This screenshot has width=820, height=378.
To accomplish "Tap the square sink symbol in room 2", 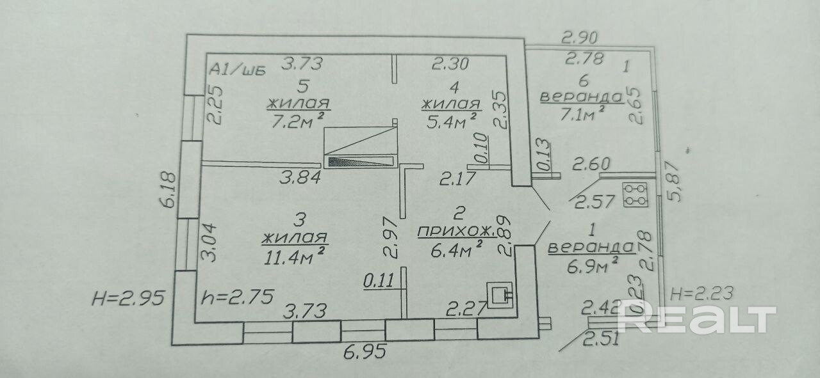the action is (500, 295).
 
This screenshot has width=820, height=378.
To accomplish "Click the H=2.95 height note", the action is (130, 297).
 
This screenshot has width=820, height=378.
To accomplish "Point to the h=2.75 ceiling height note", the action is (237, 297).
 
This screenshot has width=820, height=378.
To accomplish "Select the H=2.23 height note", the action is (701, 294).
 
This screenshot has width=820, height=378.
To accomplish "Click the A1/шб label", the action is (237, 70).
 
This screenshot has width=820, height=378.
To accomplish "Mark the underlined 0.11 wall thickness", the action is (378, 280).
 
